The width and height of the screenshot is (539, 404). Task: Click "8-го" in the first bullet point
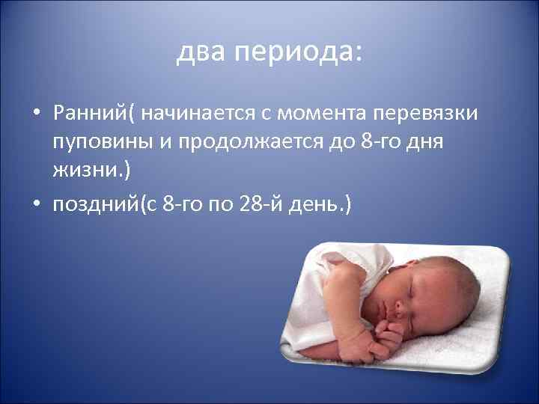pos(373,141)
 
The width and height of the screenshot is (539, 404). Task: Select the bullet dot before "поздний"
pos(36,204)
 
